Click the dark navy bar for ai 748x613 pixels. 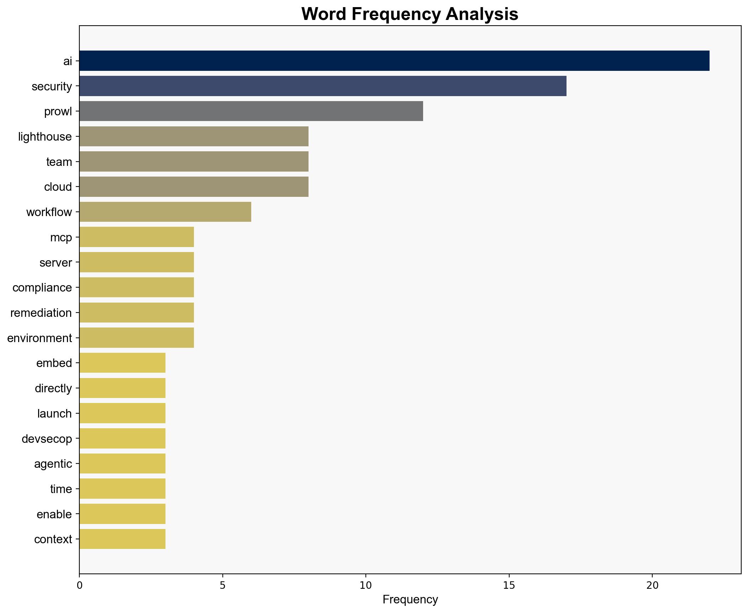394,61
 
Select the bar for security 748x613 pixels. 322,86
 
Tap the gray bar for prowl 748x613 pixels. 251,111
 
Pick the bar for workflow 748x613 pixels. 165,212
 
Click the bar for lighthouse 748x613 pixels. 194,136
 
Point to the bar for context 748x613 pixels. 122,539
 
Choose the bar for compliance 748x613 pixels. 136,287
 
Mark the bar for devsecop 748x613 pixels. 122,438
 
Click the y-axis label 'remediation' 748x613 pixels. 41,313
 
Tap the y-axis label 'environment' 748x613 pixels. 39,338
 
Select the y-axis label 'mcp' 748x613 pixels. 61,237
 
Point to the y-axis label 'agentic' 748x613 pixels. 53,464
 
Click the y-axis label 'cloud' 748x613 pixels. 58,187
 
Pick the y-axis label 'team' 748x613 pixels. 59,162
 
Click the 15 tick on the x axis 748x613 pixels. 509,585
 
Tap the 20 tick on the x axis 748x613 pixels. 652,585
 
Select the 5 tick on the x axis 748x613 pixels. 222,585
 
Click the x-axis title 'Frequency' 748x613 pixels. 410,600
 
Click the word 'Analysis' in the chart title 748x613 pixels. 481,14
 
